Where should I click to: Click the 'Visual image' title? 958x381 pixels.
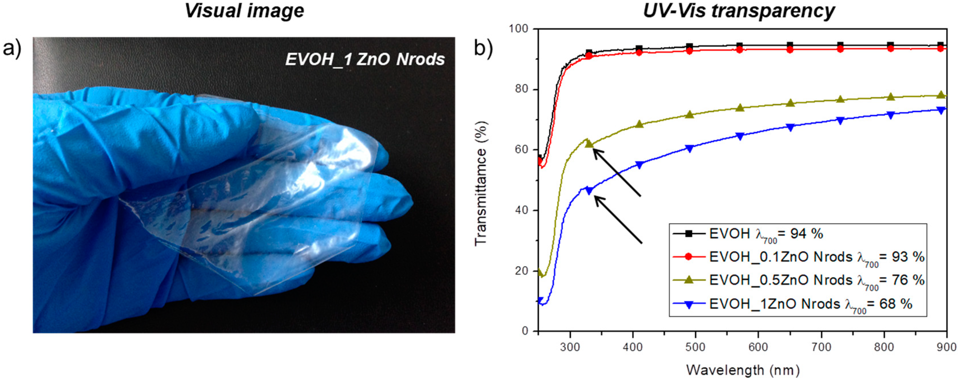pyautogui.click(x=244, y=10)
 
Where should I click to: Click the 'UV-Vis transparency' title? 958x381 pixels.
pyautogui.click(x=739, y=10)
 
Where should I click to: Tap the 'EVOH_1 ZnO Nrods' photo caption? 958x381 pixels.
pyautogui.click(x=365, y=60)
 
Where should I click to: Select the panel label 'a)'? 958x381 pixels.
pyautogui.click(x=12, y=49)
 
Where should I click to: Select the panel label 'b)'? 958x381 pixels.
pyautogui.click(x=484, y=49)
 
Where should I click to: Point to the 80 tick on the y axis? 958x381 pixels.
pyautogui.click(x=525, y=90)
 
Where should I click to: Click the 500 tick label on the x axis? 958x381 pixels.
pyautogui.click(x=695, y=347)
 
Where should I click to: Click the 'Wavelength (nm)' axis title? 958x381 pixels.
pyautogui.click(x=743, y=370)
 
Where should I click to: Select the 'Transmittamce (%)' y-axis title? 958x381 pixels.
pyautogui.click(x=481, y=183)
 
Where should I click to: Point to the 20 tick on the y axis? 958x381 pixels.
pyautogui.click(x=525, y=271)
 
